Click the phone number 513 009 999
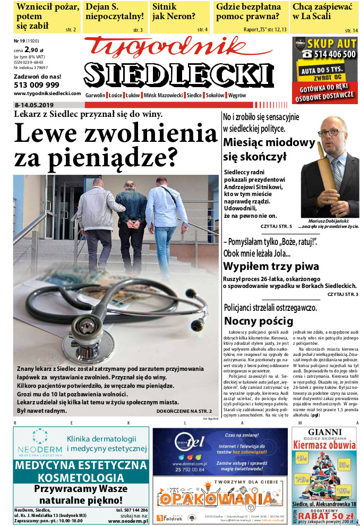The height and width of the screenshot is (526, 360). click(x=37, y=84)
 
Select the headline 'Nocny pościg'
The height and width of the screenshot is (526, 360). click(x=259, y=320)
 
